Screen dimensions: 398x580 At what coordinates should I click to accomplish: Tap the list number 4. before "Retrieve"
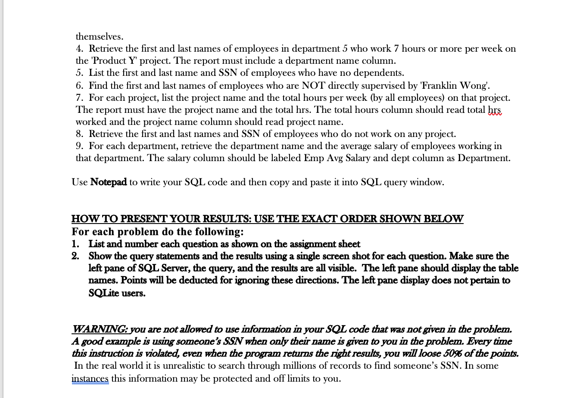click(x=80, y=49)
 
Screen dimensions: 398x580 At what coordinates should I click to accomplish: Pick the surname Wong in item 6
click(x=474, y=85)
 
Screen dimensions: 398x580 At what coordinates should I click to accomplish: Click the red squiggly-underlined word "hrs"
click(x=494, y=110)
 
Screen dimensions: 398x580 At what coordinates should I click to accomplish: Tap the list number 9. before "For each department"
click(x=80, y=146)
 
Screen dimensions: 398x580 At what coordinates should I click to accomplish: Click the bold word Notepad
click(x=109, y=182)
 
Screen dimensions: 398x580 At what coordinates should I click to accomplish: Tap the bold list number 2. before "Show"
click(x=75, y=256)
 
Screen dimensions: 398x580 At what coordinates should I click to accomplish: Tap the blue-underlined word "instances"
click(x=90, y=379)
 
